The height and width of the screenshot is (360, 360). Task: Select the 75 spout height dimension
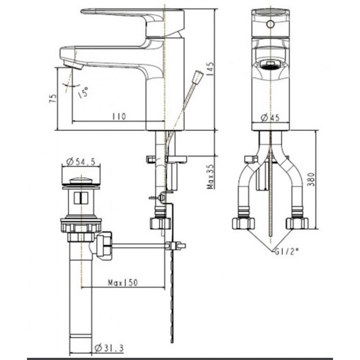click(x=53, y=99)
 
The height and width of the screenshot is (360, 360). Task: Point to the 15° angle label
click(x=83, y=92)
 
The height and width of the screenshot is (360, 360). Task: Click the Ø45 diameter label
click(x=270, y=118)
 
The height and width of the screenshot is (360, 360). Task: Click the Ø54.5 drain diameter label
click(x=82, y=161)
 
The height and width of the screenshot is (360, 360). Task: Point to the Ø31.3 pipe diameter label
click(x=107, y=348)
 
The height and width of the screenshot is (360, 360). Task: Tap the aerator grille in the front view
click(x=269, y=65)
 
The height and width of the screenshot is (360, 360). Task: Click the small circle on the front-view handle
click(x=269, y=24)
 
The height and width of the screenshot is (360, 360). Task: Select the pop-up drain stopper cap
click(x=82, y=181)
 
